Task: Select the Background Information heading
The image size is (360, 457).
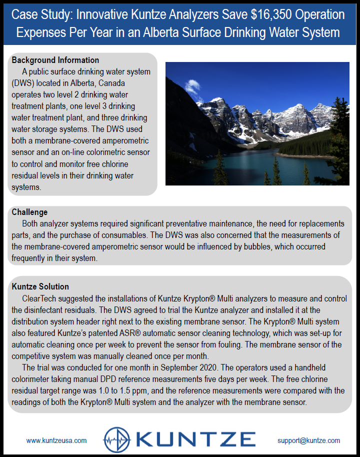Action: (55, 60)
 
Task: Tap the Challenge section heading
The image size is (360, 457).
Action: (29, 212)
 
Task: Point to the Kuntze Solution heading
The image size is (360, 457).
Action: (40, 286)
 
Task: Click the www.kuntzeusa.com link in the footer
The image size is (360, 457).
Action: (56, 440)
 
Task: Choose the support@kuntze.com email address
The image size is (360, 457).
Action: (308, 440)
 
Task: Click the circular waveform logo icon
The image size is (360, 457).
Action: (117, 440)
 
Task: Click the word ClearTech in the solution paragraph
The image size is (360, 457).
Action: (38, 298)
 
